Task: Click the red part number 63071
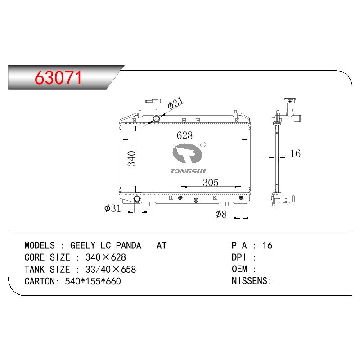58,77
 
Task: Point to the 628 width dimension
184,135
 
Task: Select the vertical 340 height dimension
131,158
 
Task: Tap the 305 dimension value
211,183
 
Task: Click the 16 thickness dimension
296,153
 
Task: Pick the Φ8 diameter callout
221,214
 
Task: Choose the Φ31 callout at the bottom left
112,208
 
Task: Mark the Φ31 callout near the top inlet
175,103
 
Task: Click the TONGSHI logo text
188,171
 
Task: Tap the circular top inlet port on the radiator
157,119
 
